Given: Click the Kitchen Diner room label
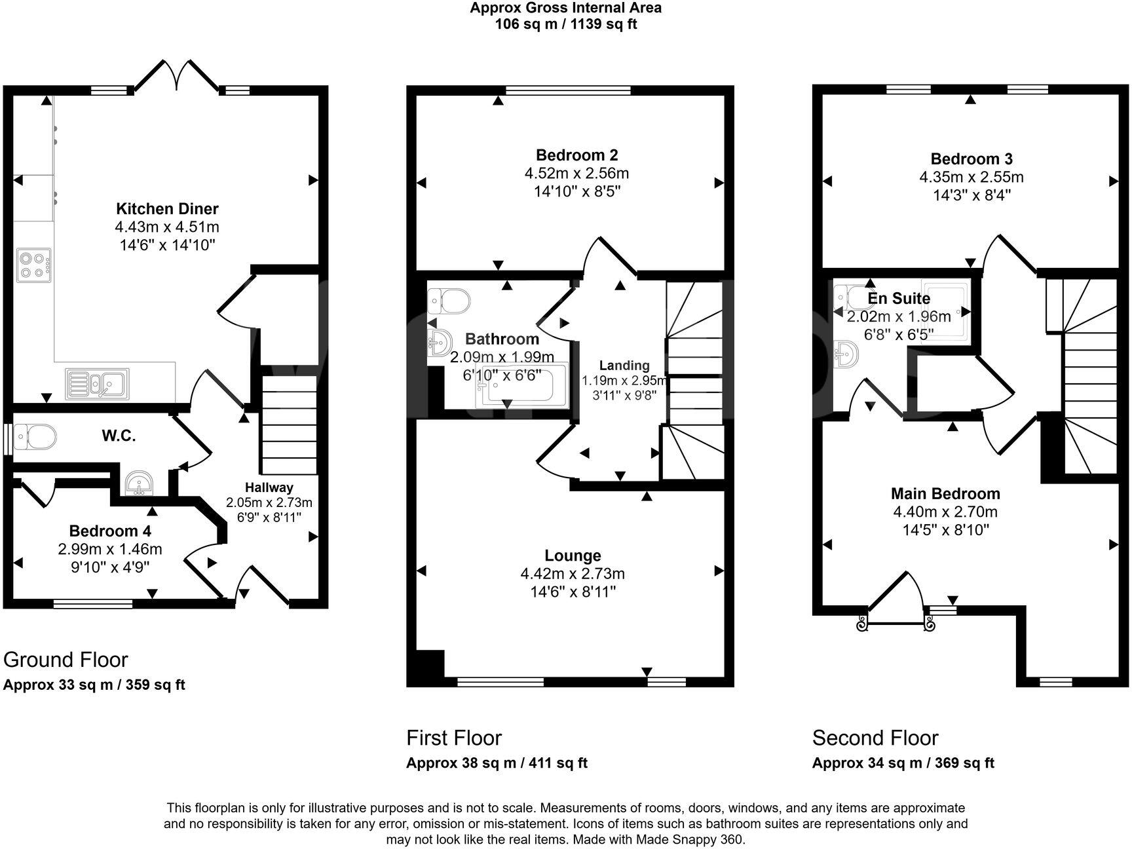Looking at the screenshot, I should point(167,209).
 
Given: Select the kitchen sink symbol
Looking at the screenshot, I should point(98,384).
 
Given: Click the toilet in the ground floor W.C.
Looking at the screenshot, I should point(35,436).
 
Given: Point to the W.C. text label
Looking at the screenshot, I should point(119,436).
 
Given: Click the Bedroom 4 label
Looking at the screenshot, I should point(110,531).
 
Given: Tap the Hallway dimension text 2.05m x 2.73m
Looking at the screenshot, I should point(269,503).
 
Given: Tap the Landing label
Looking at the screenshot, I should point(624,366).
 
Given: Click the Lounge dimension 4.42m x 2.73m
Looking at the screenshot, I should point(573,574).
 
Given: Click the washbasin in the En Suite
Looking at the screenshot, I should point(846,354).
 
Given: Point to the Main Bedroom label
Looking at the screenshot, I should point(945,494).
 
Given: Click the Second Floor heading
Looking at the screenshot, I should point(875,738).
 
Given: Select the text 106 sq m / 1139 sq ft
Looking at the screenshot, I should point(565,24).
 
